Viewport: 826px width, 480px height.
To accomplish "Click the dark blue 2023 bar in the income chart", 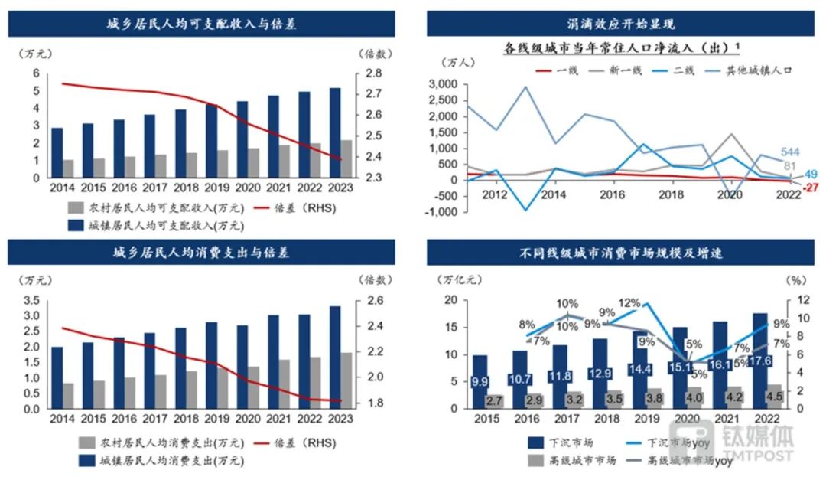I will click(335, 132).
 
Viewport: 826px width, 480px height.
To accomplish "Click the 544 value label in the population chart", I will click(790, 152).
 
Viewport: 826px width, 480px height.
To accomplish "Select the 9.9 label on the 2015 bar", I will click(480, 381).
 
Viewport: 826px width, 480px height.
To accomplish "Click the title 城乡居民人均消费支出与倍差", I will click(202, 252).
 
